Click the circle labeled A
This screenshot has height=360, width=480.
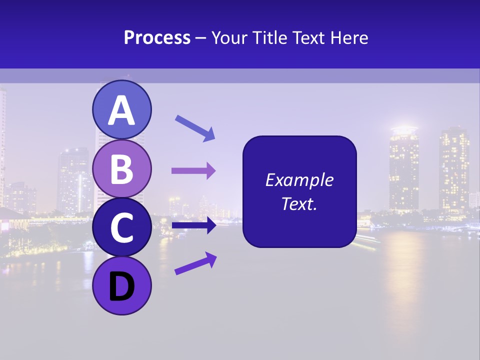(121, 110)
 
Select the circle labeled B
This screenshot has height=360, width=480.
(121, 168)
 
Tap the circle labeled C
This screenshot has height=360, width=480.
(121, 227)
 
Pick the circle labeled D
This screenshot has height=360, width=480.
(121, 285)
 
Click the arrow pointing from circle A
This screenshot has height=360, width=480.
(195, 128)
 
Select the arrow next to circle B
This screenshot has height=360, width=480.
(193, 171)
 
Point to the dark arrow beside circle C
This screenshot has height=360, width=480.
(193, 225)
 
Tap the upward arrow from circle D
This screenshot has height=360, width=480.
(195, 263)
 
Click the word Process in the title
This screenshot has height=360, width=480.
(157, 38)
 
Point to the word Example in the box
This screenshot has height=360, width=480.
(299, 180)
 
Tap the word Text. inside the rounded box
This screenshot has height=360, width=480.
(299, 203)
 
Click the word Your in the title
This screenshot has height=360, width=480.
(228, 38)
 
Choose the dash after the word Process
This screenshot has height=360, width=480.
(201, 38)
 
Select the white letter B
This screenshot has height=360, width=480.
(121, 169)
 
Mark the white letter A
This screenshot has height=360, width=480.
(121, 110)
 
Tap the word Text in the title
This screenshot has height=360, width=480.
(308, 38)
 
